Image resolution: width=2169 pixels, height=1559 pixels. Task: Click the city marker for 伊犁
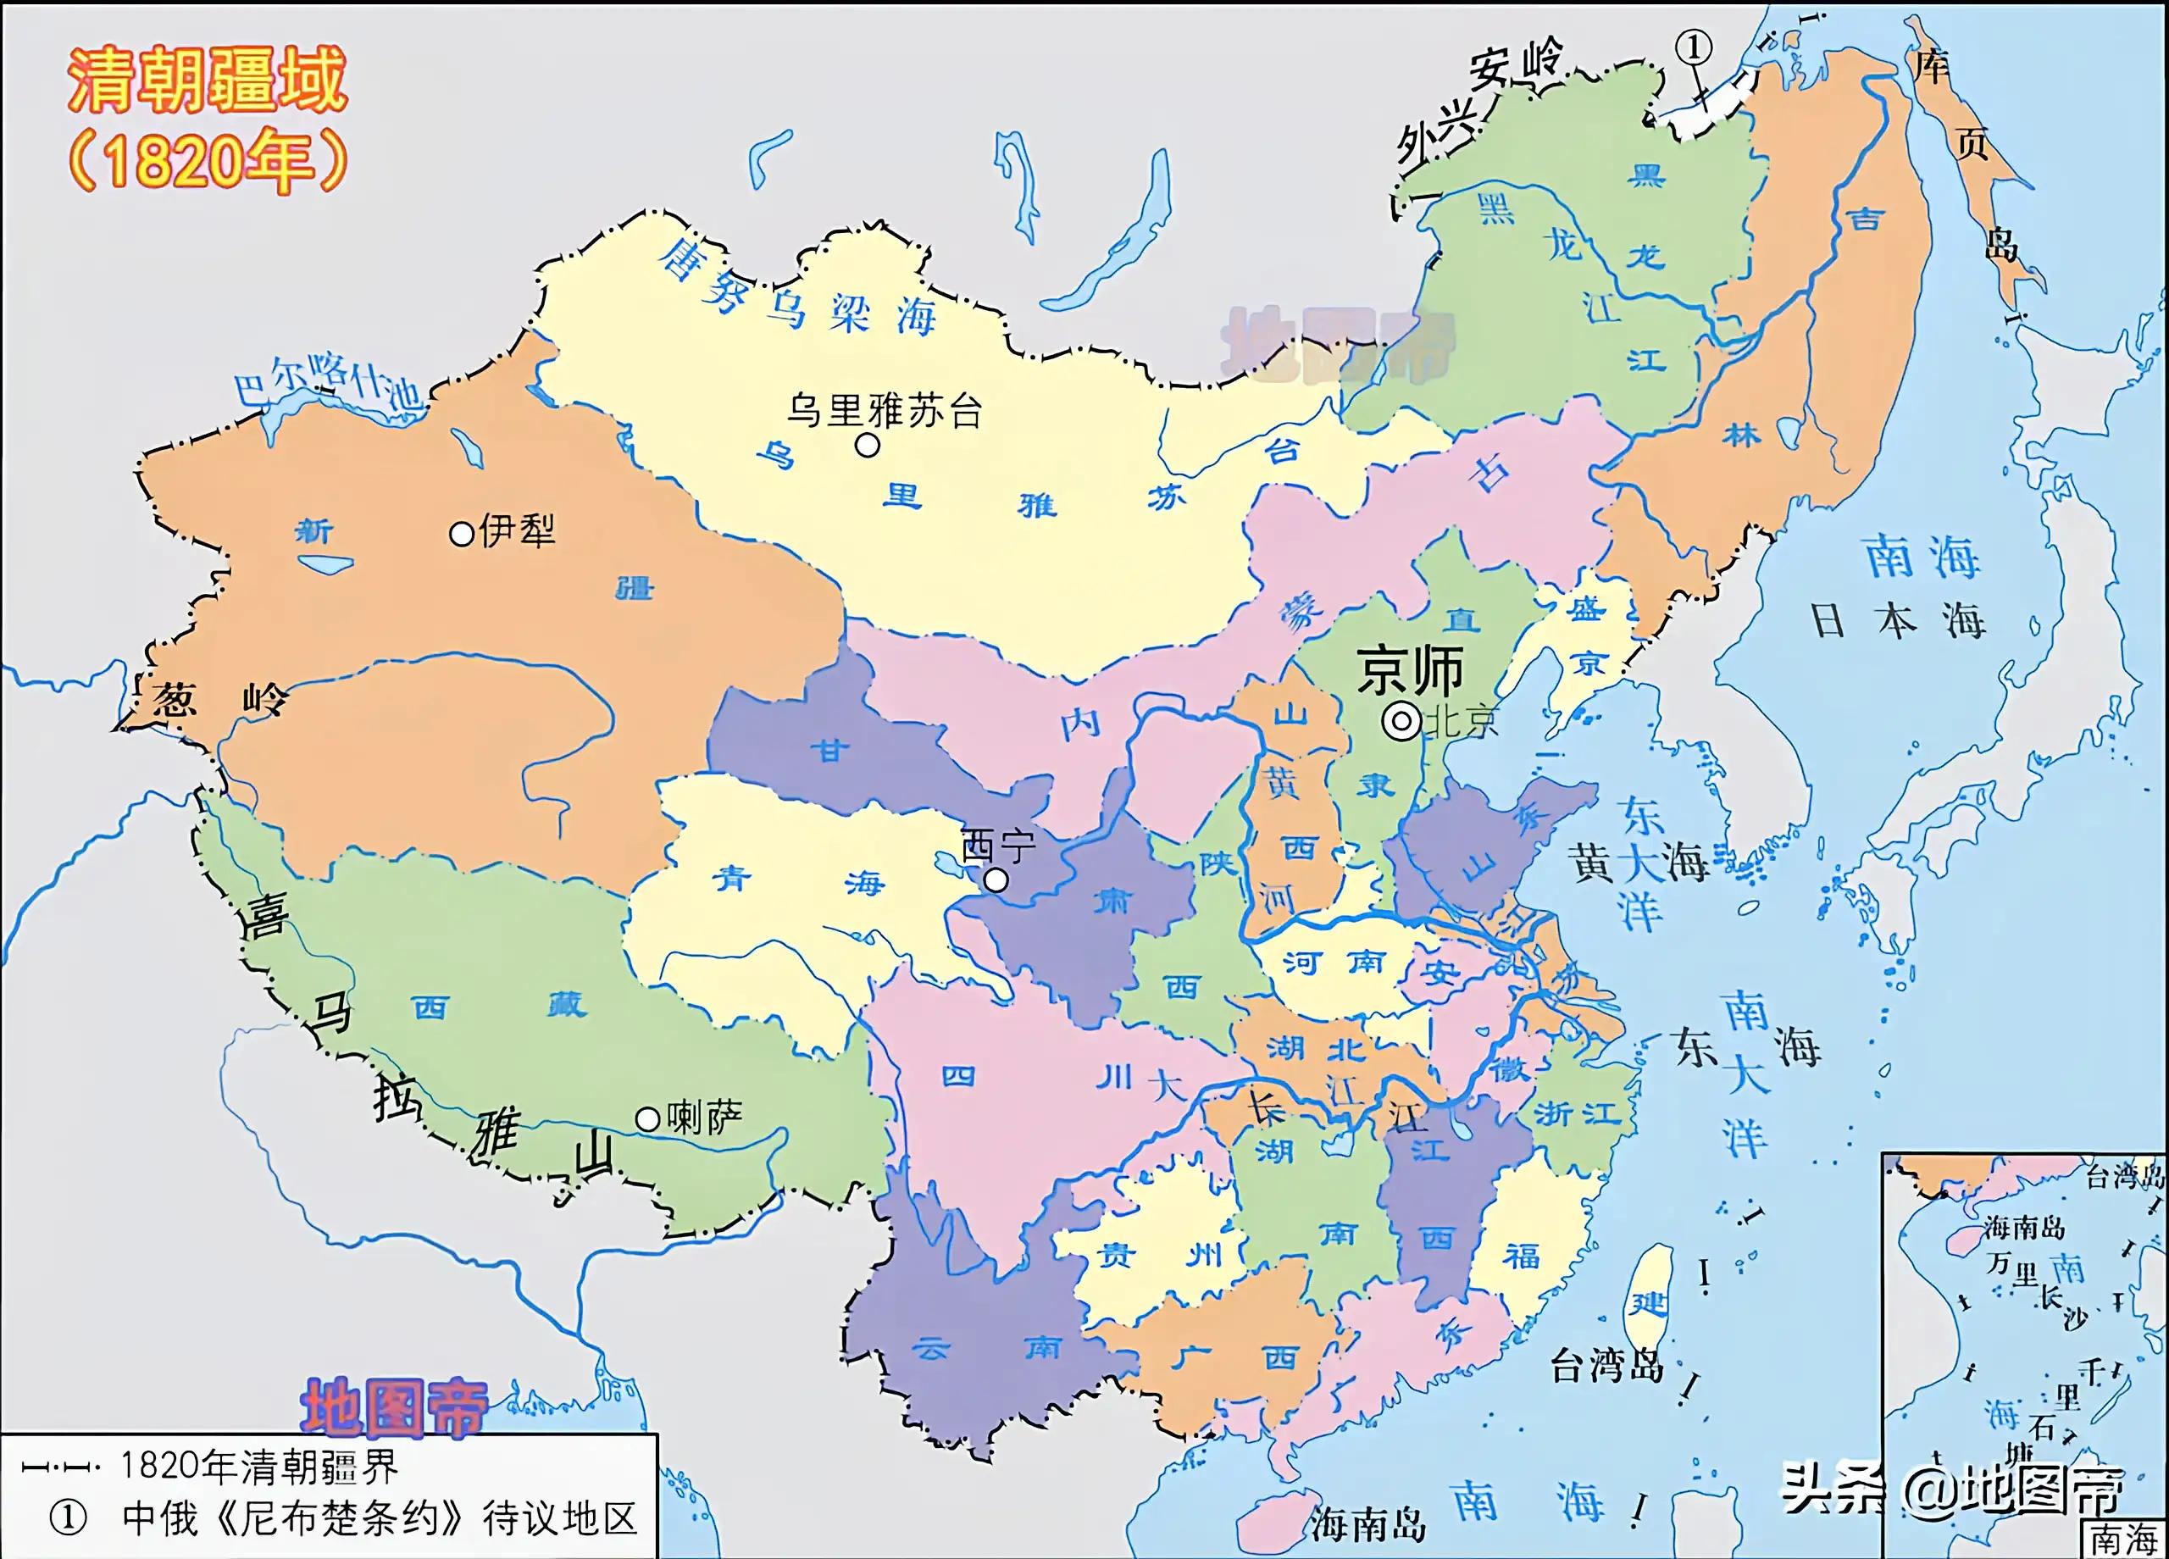462,534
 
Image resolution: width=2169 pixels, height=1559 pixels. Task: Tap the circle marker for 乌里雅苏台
868,445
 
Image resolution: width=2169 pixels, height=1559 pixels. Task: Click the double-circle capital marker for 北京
1402,722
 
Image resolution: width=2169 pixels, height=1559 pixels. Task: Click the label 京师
1411,669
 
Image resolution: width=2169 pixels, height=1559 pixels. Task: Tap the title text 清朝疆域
207,80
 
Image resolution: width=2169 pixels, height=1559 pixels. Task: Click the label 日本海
1899,622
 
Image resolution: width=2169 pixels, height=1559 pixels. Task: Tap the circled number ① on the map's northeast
1694,47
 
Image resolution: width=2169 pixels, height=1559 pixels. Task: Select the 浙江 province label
1577,1113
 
